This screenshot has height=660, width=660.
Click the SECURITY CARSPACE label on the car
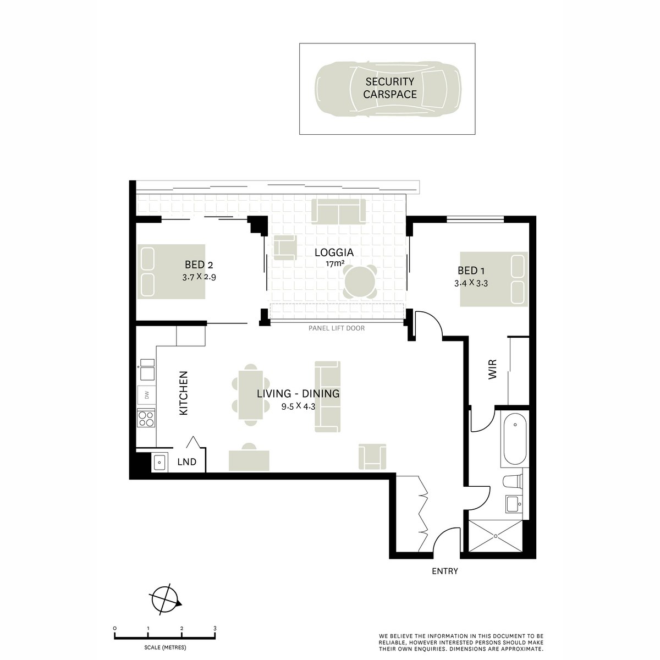[390, 88]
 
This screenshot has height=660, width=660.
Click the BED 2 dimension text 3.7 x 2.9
[199, 277]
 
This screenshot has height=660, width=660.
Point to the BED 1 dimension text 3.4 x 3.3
[471, 284]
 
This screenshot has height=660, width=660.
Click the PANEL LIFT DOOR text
[336, 328]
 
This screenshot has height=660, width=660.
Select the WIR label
[492, 370]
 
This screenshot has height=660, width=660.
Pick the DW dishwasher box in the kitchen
[147, 394]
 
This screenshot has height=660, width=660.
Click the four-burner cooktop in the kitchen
[146, 419]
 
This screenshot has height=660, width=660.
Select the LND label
[187, 462]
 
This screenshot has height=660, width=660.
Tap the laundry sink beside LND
[159, 463]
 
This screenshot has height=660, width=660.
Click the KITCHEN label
[184, 393]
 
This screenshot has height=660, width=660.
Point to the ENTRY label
[444, 571]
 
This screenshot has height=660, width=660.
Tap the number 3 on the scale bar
[215, 628]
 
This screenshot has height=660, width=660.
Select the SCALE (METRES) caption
[164, 647]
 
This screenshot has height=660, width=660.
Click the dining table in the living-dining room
[251, 394]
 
